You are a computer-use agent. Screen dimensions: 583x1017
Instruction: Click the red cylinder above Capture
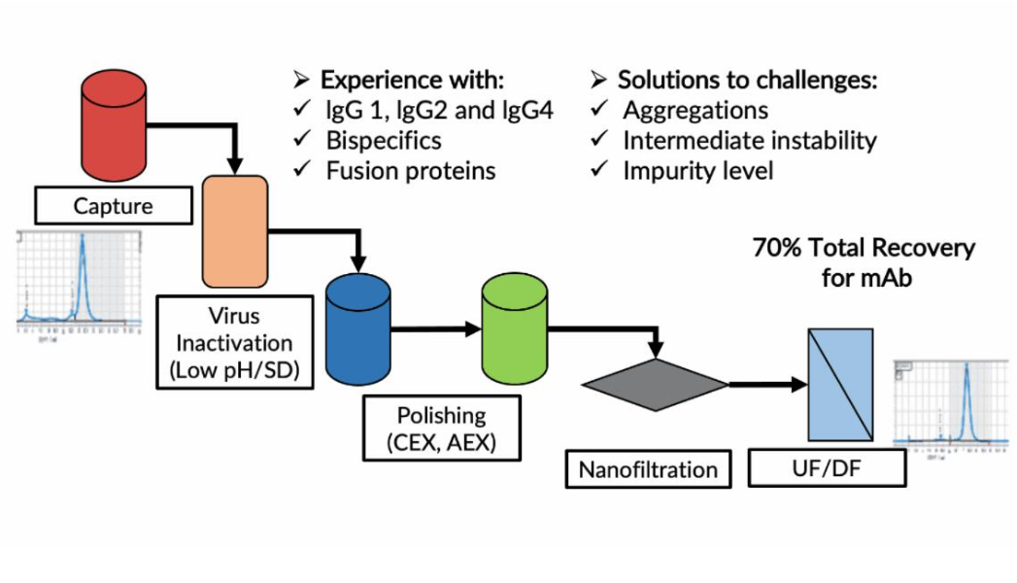point(114,121)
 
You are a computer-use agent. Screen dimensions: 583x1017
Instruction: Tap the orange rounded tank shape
point(235,231)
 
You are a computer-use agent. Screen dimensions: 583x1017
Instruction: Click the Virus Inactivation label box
point(235,343)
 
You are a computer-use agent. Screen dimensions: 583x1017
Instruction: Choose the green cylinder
point(514,328)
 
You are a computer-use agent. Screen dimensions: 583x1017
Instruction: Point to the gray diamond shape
point(655,385)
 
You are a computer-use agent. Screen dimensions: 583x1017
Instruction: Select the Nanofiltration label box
point(648,470)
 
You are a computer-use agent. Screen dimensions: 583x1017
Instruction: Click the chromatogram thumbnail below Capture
point(79,283)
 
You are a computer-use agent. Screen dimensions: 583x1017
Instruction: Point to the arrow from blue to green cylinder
point(436,329)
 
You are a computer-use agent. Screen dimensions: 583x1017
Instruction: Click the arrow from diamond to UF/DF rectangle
point(768,385)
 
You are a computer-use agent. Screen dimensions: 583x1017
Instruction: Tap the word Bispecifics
point(384,141)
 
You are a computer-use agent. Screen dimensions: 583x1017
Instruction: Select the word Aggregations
point(695,110)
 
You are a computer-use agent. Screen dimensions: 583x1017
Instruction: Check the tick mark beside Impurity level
point(599,171)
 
